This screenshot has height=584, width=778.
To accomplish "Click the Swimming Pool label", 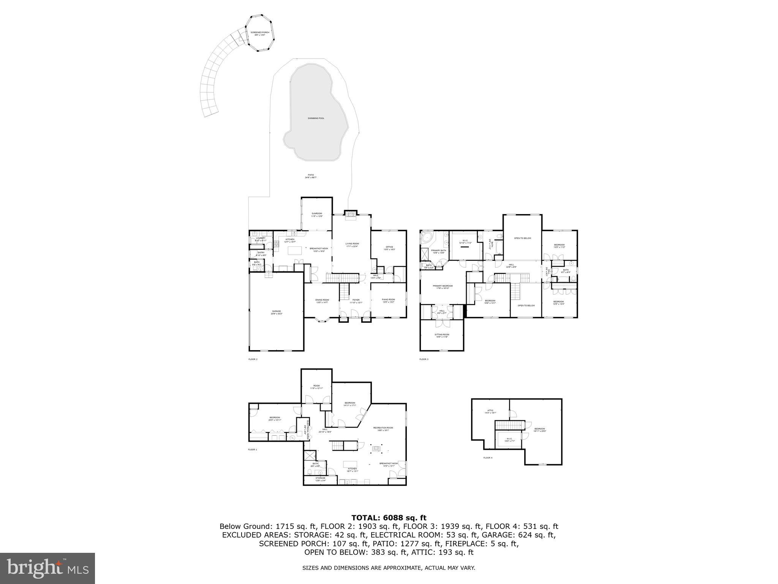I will (x=316, y=118).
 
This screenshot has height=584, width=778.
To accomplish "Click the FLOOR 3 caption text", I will (x=424, y=359).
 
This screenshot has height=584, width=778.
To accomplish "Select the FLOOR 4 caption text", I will (x=487, y=458).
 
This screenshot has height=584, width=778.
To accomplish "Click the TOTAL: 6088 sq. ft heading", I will (x=389, y=517).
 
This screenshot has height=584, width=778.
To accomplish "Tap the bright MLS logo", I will (x=47, y=568).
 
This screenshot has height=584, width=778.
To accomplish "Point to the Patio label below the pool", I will (x=311, y=176).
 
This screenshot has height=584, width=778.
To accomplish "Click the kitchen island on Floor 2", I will (x=295, y=250).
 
